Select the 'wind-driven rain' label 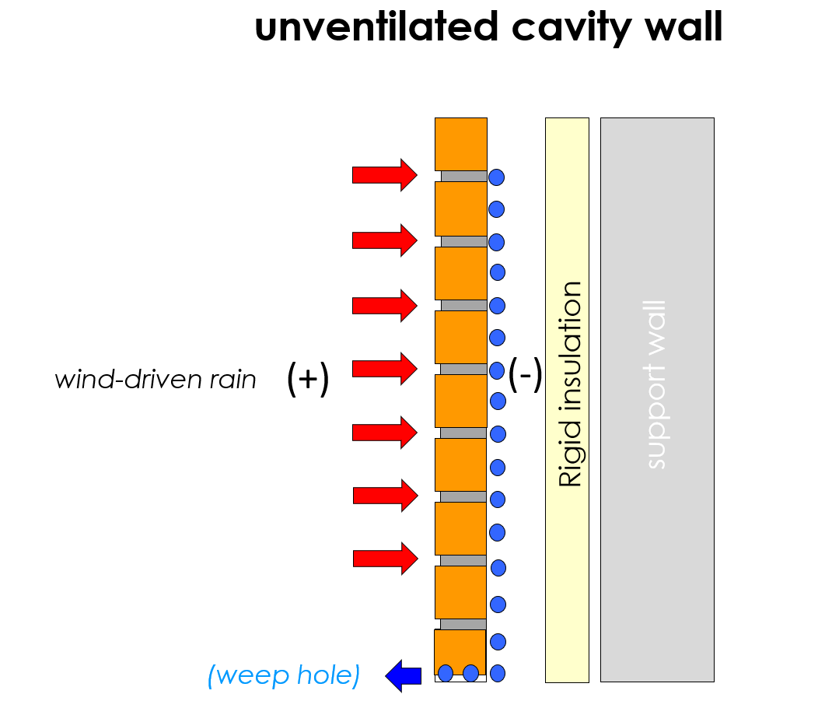click(156, 380)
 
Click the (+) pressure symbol click(308, 380)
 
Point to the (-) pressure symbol click(526, 376)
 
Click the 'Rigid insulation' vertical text click(570, 384)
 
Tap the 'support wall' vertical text click(656, 384)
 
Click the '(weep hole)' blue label click(284, 675)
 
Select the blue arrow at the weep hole click(404, 675)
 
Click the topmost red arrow click(385, 175)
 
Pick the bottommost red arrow click(386, 558)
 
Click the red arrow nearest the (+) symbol click(385, 368)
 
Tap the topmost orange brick click(460, 143)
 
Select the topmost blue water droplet click(496, 177)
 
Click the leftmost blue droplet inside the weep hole click(446, 673)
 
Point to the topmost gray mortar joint click(463, 176)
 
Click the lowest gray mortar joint click(463, 624)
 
